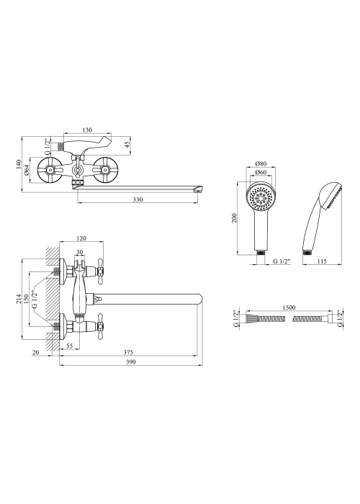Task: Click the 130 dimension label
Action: coord(87,130)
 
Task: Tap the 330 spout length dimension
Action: coord(138,199)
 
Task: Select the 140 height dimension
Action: coord(19,165)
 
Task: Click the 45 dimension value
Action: coord(127,144)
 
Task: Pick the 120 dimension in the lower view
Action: coord(81,238)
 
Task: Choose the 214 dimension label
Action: coord(19,299)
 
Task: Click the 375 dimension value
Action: coord(128,353)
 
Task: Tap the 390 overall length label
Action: coord(131,362)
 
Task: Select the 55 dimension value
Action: coord(70,346)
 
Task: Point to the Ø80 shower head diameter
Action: coord(261,163)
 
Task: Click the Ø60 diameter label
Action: coord(261,172)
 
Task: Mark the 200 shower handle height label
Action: coord(234,218)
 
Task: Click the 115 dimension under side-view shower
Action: coord(321,261)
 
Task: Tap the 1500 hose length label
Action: coord(289,307)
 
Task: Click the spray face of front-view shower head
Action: coord(261,198)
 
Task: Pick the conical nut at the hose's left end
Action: coord(252,318)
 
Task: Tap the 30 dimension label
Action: coord(80,252)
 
